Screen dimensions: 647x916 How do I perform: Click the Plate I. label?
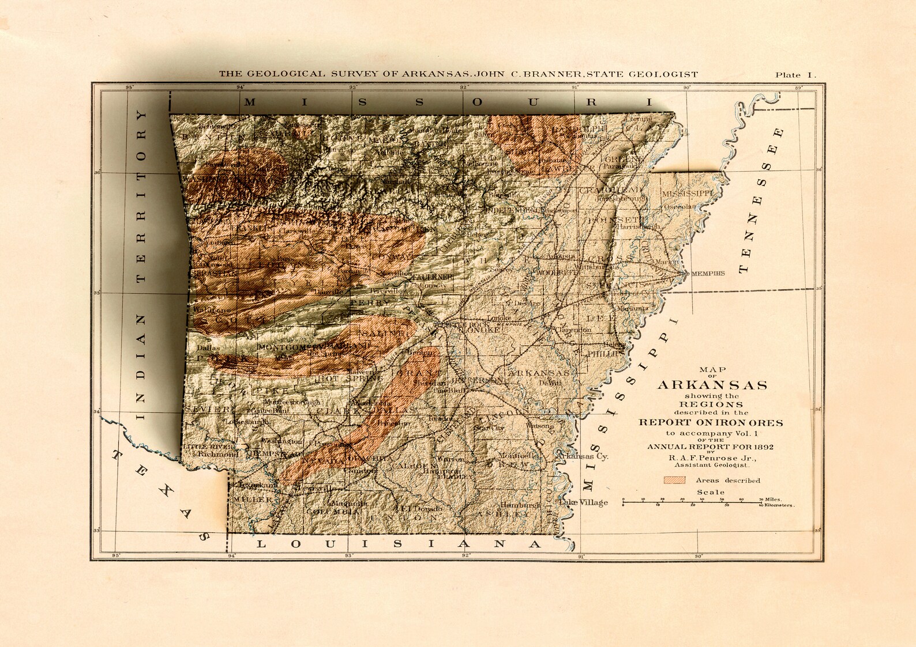pos(795,75)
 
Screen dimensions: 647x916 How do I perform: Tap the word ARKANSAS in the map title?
pos(712,385)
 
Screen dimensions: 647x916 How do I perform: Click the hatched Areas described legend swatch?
pos(674,480)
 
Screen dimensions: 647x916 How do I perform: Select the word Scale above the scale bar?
pos(711,492)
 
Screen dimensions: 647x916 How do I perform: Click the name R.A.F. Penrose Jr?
pos(712,458)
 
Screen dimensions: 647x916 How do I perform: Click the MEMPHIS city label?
pos(707,274)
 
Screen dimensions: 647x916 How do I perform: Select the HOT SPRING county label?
pos(348,379)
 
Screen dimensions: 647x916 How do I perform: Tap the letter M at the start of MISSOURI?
pos(250,103)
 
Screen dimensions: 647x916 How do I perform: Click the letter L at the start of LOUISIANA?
pos(261,544)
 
